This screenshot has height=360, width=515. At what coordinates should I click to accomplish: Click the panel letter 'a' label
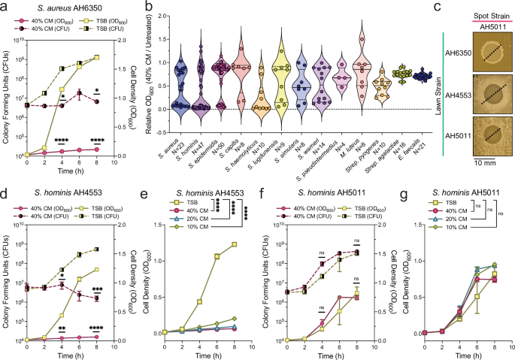point(5,7)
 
